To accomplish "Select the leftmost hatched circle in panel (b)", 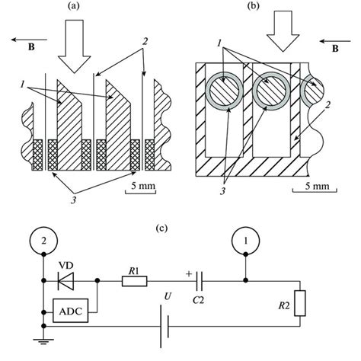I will (x=222, y=96).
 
